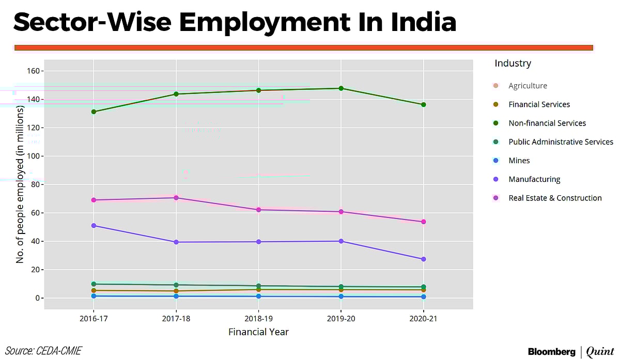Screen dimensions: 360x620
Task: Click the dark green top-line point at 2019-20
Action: click(x=341, y=88)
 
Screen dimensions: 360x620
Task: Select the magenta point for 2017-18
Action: click(x=176, y=198)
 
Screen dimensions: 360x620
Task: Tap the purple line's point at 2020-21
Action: click(x=423, y=259)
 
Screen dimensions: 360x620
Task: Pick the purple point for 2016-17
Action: click(x=94, y=226)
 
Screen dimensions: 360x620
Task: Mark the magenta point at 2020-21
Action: click(x=423, y=222)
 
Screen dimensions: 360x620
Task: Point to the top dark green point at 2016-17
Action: click(x=94, y=112)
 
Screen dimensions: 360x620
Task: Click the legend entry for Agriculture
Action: click(x=527, y=86)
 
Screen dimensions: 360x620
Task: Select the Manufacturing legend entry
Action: click(x=534, y=179)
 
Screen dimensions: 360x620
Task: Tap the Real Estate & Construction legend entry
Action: click(x=554, y=198)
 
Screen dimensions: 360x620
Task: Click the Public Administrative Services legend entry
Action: click(x=560, y=142)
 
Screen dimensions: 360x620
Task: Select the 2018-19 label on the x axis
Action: click(x=258, y=319)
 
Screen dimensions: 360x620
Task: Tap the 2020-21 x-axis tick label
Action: click(x=423, y=319)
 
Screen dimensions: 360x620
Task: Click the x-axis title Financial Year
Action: click(x=258, y=332)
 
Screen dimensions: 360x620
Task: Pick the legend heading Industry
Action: click(x=513, y=64)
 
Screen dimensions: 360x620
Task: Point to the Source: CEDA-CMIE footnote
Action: click(x=43, y=351)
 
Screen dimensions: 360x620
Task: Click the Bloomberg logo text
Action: click(x=551, y=352)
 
